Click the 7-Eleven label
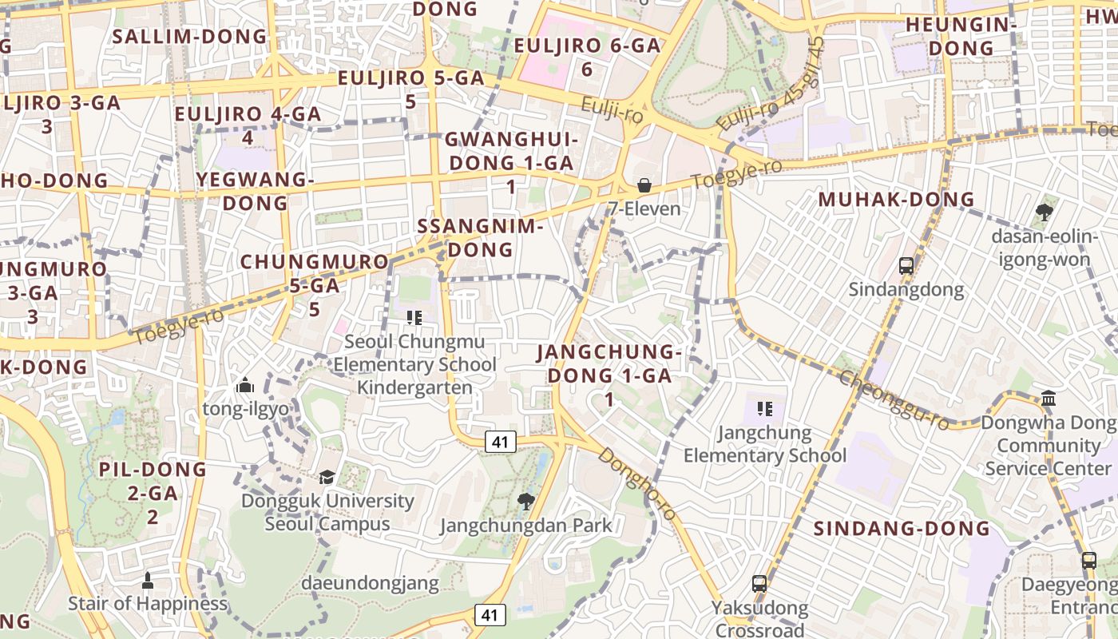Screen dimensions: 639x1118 644,209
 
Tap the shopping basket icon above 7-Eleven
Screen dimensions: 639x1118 644,186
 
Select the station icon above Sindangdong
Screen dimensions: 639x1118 906,266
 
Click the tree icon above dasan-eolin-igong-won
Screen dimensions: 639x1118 1043,212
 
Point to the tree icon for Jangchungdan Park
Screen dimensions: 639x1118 525,502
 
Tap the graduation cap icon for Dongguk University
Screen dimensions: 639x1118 327,478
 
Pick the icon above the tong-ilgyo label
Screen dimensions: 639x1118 245,386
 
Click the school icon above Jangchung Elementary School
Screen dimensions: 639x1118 764,410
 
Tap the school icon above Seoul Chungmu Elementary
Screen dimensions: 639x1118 414,319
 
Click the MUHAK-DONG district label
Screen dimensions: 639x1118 897,200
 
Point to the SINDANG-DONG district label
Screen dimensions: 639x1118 902,529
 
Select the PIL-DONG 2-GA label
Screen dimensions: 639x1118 153,493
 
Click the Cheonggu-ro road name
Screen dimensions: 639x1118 894,399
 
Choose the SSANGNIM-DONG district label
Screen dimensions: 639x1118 480,237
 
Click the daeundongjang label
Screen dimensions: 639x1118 370,583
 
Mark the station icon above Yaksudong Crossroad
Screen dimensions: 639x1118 759,584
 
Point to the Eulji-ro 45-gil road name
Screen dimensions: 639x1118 771,85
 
